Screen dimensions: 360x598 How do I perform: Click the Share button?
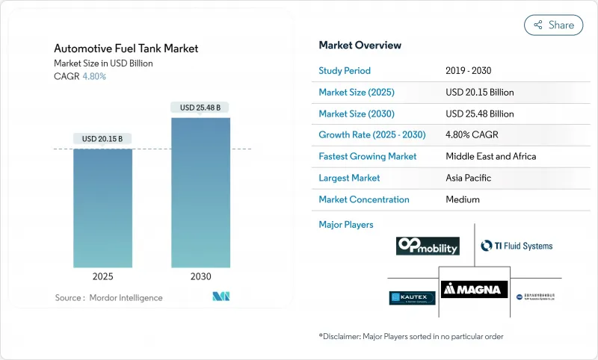(x=553, y=25)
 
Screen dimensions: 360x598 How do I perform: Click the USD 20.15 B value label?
(x=102, y=139)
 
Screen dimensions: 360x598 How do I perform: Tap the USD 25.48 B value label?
(x=200, y=108)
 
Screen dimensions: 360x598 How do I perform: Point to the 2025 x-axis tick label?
(x=102, y=276)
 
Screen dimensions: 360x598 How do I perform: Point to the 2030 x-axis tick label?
(x=200, y=276)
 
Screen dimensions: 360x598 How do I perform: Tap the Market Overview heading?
(x=360, y=46)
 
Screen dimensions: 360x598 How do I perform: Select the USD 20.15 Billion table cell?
(x=479, y=93)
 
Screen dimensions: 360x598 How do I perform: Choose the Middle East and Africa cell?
(x=490, y=157)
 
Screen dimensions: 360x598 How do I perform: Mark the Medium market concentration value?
(x=463, y=199)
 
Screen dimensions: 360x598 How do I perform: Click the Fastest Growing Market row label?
(x=368, y=157)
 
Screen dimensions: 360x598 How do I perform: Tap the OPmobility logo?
(x=428, y=246)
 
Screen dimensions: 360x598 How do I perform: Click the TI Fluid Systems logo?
(x=517, y=246)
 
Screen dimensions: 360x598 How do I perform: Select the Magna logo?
(x=474, y=288)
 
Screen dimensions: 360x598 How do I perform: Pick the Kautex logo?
(x=412, y=298)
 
